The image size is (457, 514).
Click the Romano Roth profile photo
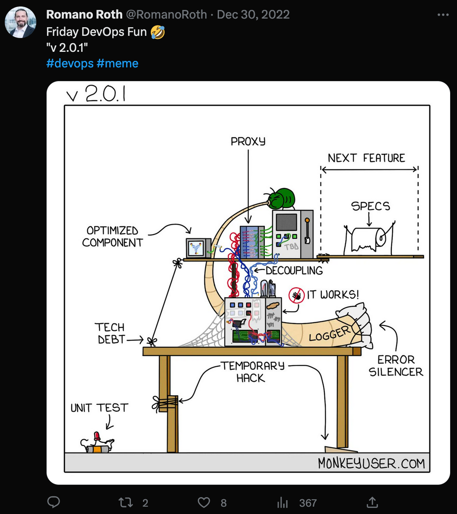tap(20, 22)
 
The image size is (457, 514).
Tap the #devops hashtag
tap(70, 63)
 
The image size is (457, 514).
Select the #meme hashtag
tap(117, 63)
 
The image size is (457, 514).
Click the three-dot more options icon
tap(443, 15)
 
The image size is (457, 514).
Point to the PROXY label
tap(248, 142)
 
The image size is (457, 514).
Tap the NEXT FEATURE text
tap(367, 158)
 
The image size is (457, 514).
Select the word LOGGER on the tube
tap(330, 334)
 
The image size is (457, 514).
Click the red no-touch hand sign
tap(297, 295)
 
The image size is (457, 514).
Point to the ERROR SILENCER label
tap(396, 366)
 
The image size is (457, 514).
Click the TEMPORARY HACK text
tap(252, 372)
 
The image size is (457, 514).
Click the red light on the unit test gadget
tap(97, 436)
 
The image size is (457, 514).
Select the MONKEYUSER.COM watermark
tap(371, 463)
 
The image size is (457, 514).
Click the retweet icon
tap(125, 502)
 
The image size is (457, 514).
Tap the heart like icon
tap(203, 502)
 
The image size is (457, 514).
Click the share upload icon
tap(372, 502)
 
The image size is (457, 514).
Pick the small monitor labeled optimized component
tap(198, 248)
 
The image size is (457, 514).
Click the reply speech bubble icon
tap(54, 502)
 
